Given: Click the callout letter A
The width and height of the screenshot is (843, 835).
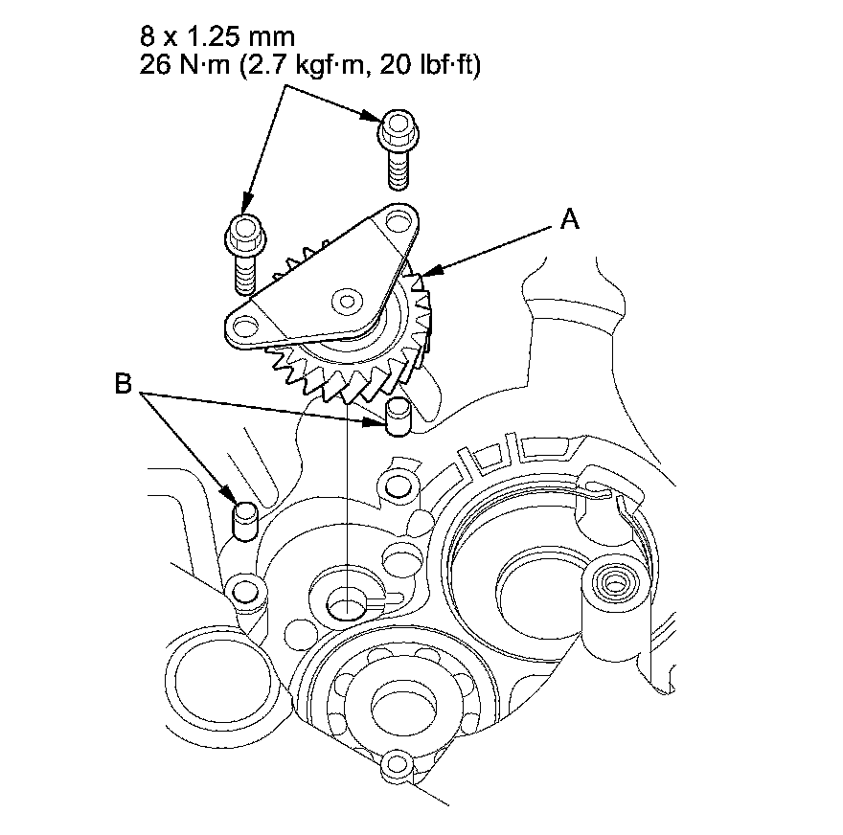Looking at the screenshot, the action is pyautogui.click(x=570, y=219).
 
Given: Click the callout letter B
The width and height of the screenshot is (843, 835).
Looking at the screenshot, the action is pyautogui.click(x=124, y=384).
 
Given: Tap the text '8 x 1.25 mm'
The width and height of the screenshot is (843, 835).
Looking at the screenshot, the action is pyautogui.click(x=217, y=37).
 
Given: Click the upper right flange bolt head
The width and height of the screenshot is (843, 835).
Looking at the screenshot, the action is pyautogui.click(x=399, y=129).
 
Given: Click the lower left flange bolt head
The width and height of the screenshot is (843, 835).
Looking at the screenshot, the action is pyautogui.click(x=244, y=235).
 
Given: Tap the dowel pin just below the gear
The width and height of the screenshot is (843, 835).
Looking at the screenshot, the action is pyautogui.click(x=399, y=417).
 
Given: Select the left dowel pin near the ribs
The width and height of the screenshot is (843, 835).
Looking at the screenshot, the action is pyautogui.click(x=245, y=520).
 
